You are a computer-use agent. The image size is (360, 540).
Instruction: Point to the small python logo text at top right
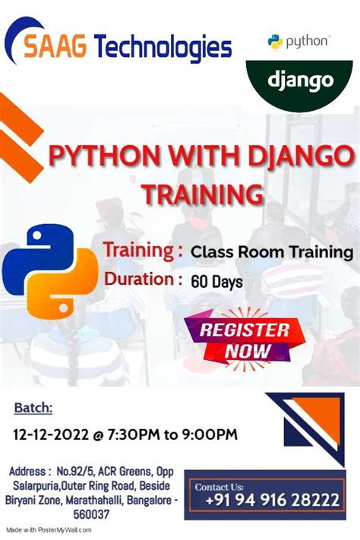(300, 41)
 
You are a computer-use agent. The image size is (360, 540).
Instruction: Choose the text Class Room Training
(272, 251)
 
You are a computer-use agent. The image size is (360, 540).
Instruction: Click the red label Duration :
(143, 279)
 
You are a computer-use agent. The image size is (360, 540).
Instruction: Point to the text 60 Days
(217, 282)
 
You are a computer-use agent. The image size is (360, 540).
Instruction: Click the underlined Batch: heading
(33, 409)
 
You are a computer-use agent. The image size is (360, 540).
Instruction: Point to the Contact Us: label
(220, 486)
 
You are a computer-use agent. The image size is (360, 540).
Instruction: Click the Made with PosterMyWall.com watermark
(49, 530)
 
